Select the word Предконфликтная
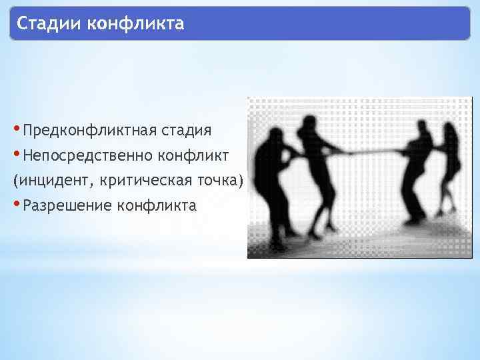click(88, 129)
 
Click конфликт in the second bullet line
click(193, 155)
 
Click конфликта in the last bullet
click(156, 205)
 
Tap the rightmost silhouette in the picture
click(446, 167)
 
